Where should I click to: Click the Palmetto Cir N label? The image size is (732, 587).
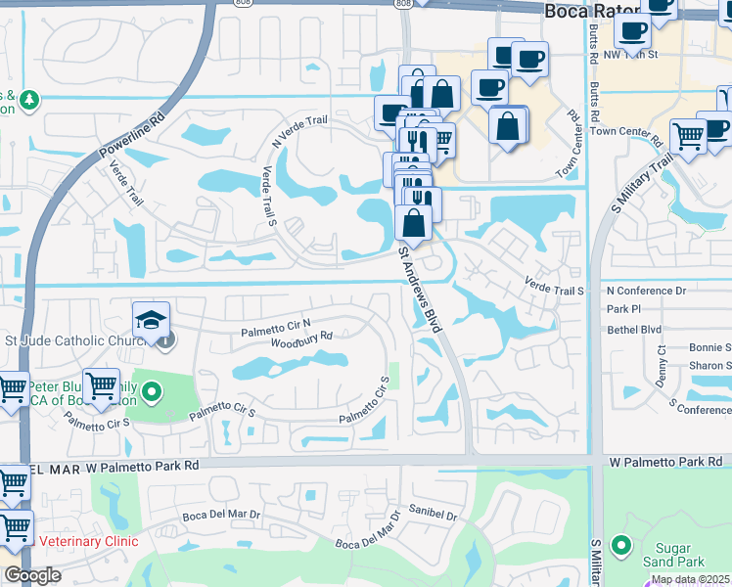pos(276,328)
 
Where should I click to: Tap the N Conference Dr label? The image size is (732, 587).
pos(647,291)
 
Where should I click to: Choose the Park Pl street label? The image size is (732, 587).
pos(622,309)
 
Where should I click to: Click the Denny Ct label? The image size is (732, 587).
pos(663,363)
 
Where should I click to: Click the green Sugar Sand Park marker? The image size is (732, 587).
pos(620,544)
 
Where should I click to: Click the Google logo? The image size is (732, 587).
pos(32,575)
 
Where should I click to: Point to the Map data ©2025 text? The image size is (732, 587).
pos(691,579)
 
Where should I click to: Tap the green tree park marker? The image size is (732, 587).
pos(30,100)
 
